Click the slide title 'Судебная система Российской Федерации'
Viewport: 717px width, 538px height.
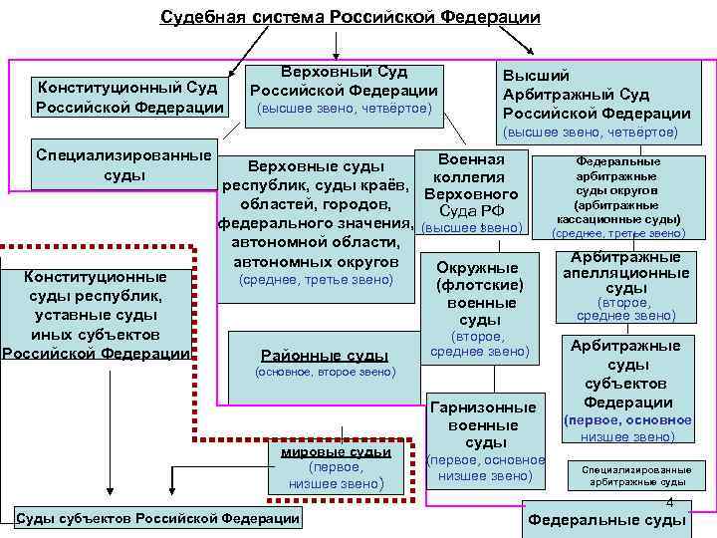click(351, 18)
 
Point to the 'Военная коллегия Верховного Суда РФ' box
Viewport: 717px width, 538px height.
click(471, 194)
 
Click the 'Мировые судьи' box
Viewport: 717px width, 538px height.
click(336, 466)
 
